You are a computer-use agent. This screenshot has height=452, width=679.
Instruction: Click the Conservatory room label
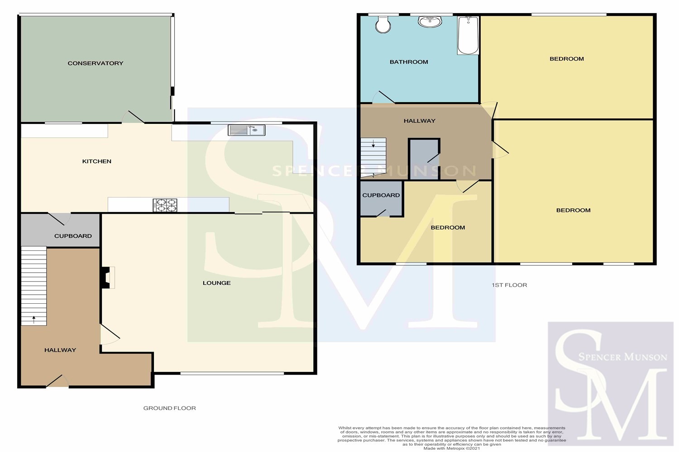[96, 63]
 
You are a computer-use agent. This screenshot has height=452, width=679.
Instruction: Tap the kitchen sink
[246, 130]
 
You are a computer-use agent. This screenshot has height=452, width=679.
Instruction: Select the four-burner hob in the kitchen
[165, 205]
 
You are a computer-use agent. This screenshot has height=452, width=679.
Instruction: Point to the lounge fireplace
[108, 278]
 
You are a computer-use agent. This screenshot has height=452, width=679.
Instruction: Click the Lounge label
[217, 283]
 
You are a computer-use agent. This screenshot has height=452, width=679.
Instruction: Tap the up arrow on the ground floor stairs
[33, 320]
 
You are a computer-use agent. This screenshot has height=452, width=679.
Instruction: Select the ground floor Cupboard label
[73, 236]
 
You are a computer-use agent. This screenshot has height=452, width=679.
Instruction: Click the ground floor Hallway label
[60, 350]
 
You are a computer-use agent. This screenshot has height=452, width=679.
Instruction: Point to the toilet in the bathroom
[383, 24]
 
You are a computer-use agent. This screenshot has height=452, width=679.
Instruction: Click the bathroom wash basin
[430, 22]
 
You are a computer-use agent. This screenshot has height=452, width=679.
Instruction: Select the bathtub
[468, 35]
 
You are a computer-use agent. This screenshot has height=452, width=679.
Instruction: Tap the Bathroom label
[409, 62]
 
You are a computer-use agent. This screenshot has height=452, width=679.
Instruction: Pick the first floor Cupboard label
[381, 195]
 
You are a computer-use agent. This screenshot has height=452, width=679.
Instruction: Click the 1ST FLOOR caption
[509, 285]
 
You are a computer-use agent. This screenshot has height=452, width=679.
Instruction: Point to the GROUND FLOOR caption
[169, 408]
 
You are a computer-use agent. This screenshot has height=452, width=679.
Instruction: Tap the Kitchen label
[97, 161]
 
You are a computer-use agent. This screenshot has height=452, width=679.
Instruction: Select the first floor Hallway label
[420, 121]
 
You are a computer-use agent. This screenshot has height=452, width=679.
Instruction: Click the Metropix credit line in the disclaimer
[452, 448]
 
